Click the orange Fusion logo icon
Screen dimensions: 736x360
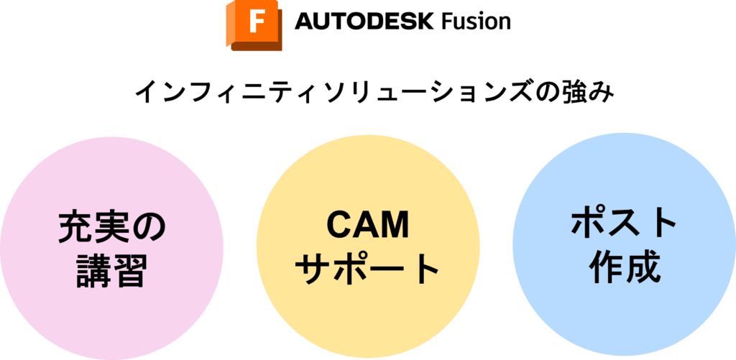[254, 26]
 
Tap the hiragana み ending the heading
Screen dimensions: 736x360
[602, 91]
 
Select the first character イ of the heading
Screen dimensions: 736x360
[146, 91]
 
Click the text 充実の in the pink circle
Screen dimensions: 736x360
[112, 229]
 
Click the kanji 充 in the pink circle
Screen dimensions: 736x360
[75, 229]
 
